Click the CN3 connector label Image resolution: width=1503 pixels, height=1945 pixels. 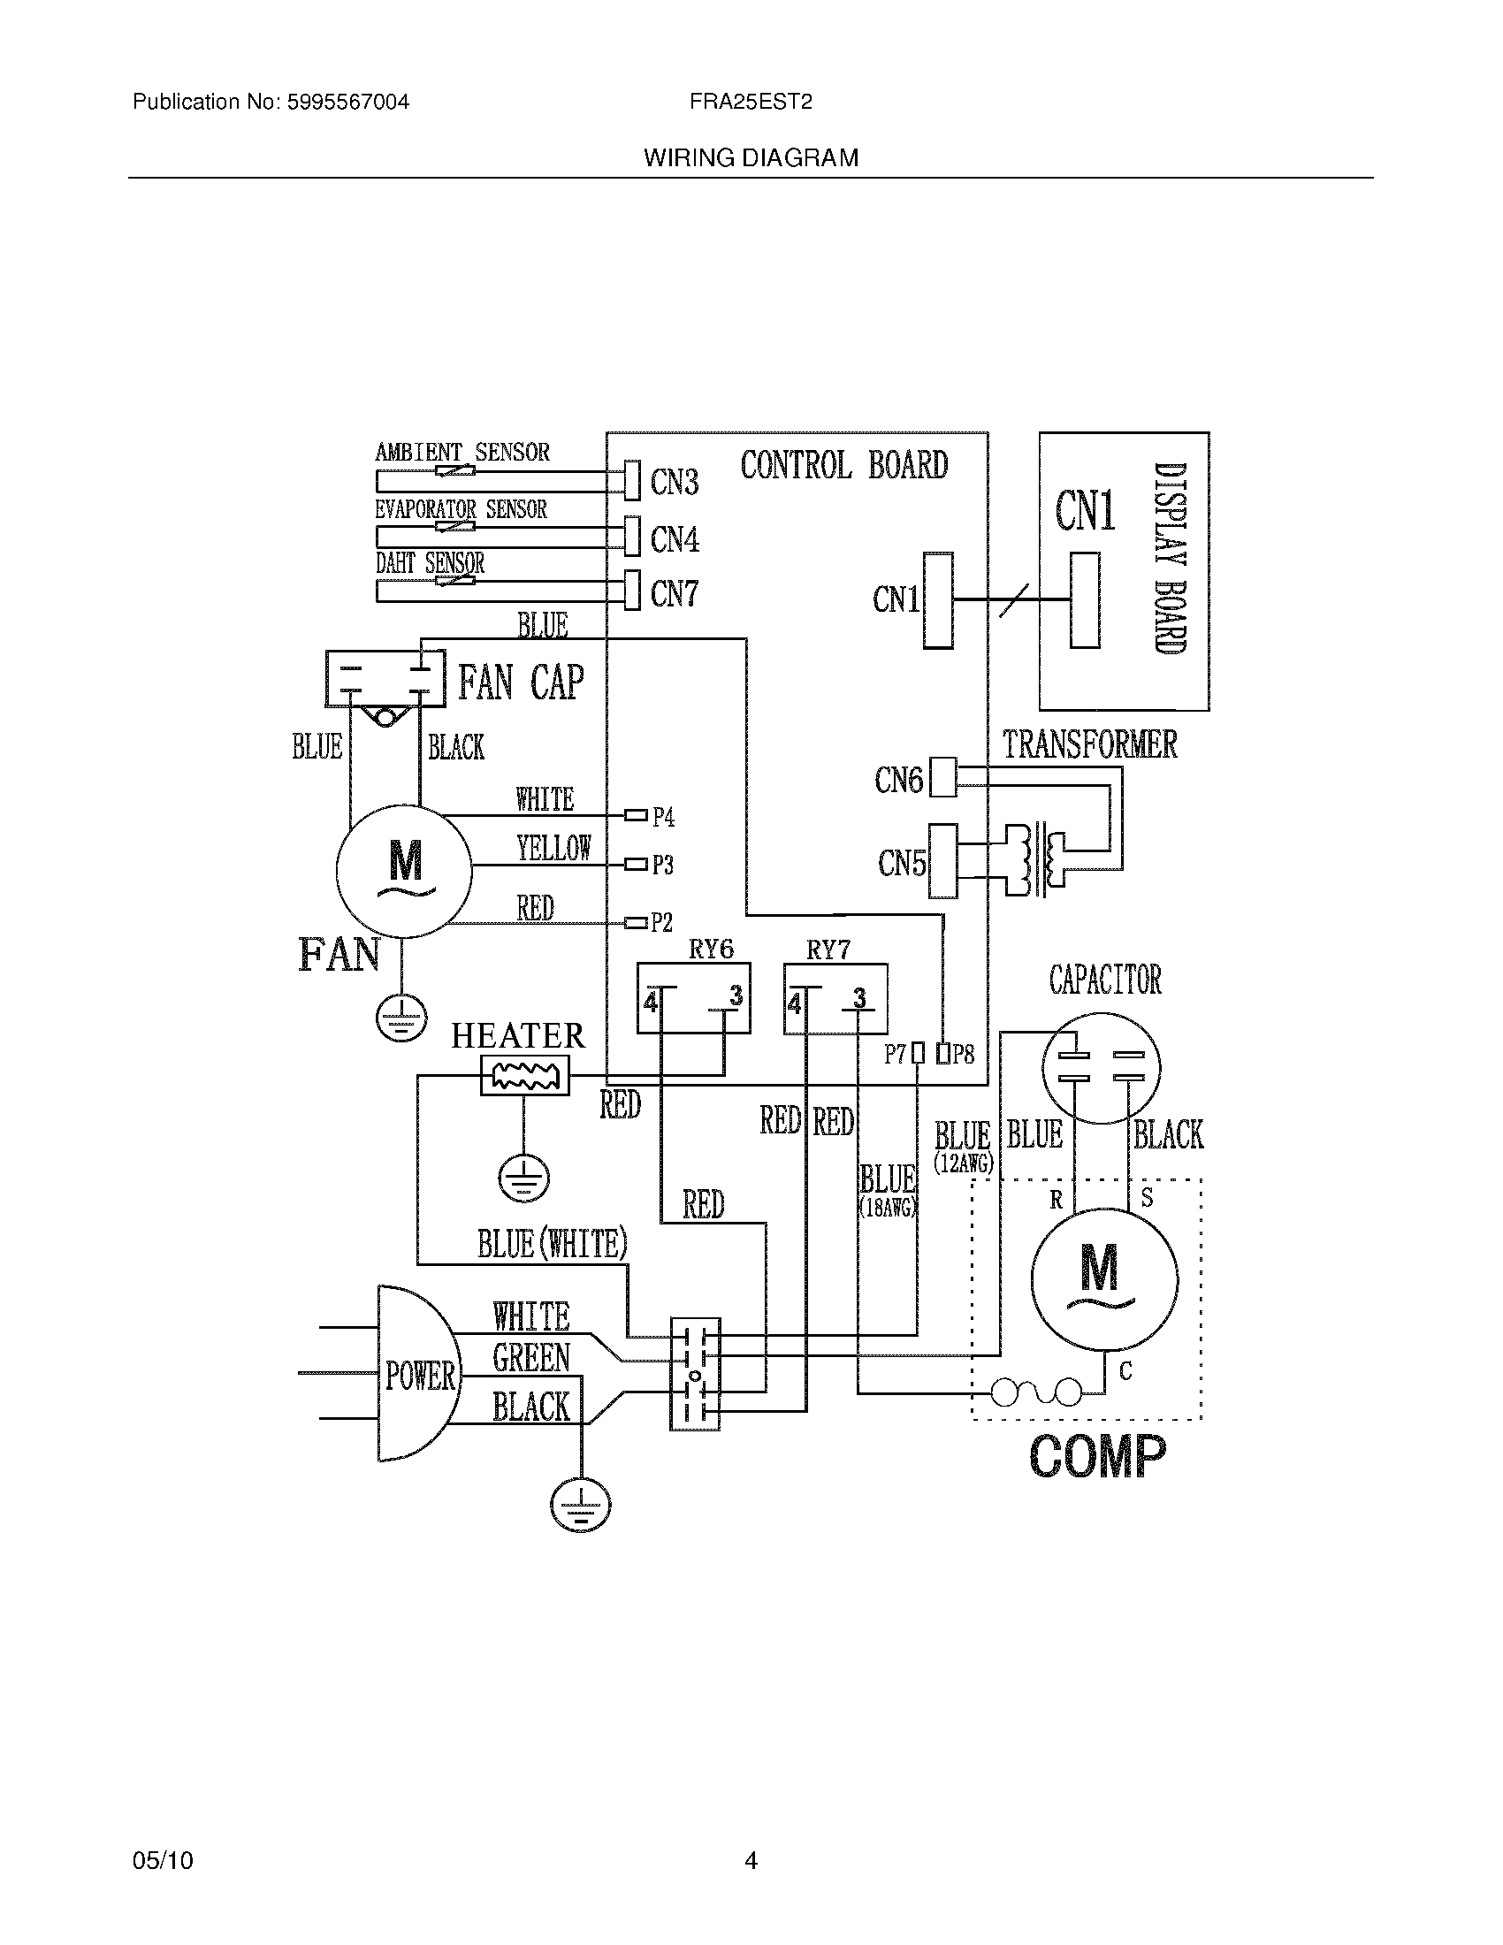pos(674,482)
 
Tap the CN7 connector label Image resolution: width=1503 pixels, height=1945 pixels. pos(674,593)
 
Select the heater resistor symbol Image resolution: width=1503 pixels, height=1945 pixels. pos(524,1076)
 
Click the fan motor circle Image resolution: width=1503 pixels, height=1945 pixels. pos(403,870)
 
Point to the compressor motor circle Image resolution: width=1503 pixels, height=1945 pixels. pos(1103,1280)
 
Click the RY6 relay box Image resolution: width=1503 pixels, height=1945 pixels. pos(693,998)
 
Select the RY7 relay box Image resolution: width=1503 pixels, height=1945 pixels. pos(835,998)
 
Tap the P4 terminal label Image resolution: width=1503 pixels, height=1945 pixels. pos(663,817)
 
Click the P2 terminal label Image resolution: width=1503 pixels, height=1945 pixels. pos(661,923)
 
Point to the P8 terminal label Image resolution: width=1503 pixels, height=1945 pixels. pos(963,1055)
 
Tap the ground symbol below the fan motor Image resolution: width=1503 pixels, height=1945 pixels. pos(401,1018)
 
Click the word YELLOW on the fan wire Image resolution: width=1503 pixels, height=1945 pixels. pos(553,848)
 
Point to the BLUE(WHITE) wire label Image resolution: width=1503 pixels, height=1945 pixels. pos(552,1243)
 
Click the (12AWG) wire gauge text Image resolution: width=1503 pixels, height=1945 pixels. pos(963,1163)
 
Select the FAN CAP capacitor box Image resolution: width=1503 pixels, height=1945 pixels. pos(385,679)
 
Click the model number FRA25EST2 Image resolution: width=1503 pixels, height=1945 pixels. pos(750,102)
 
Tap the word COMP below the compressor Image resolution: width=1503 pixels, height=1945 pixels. pos(1096,1457)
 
